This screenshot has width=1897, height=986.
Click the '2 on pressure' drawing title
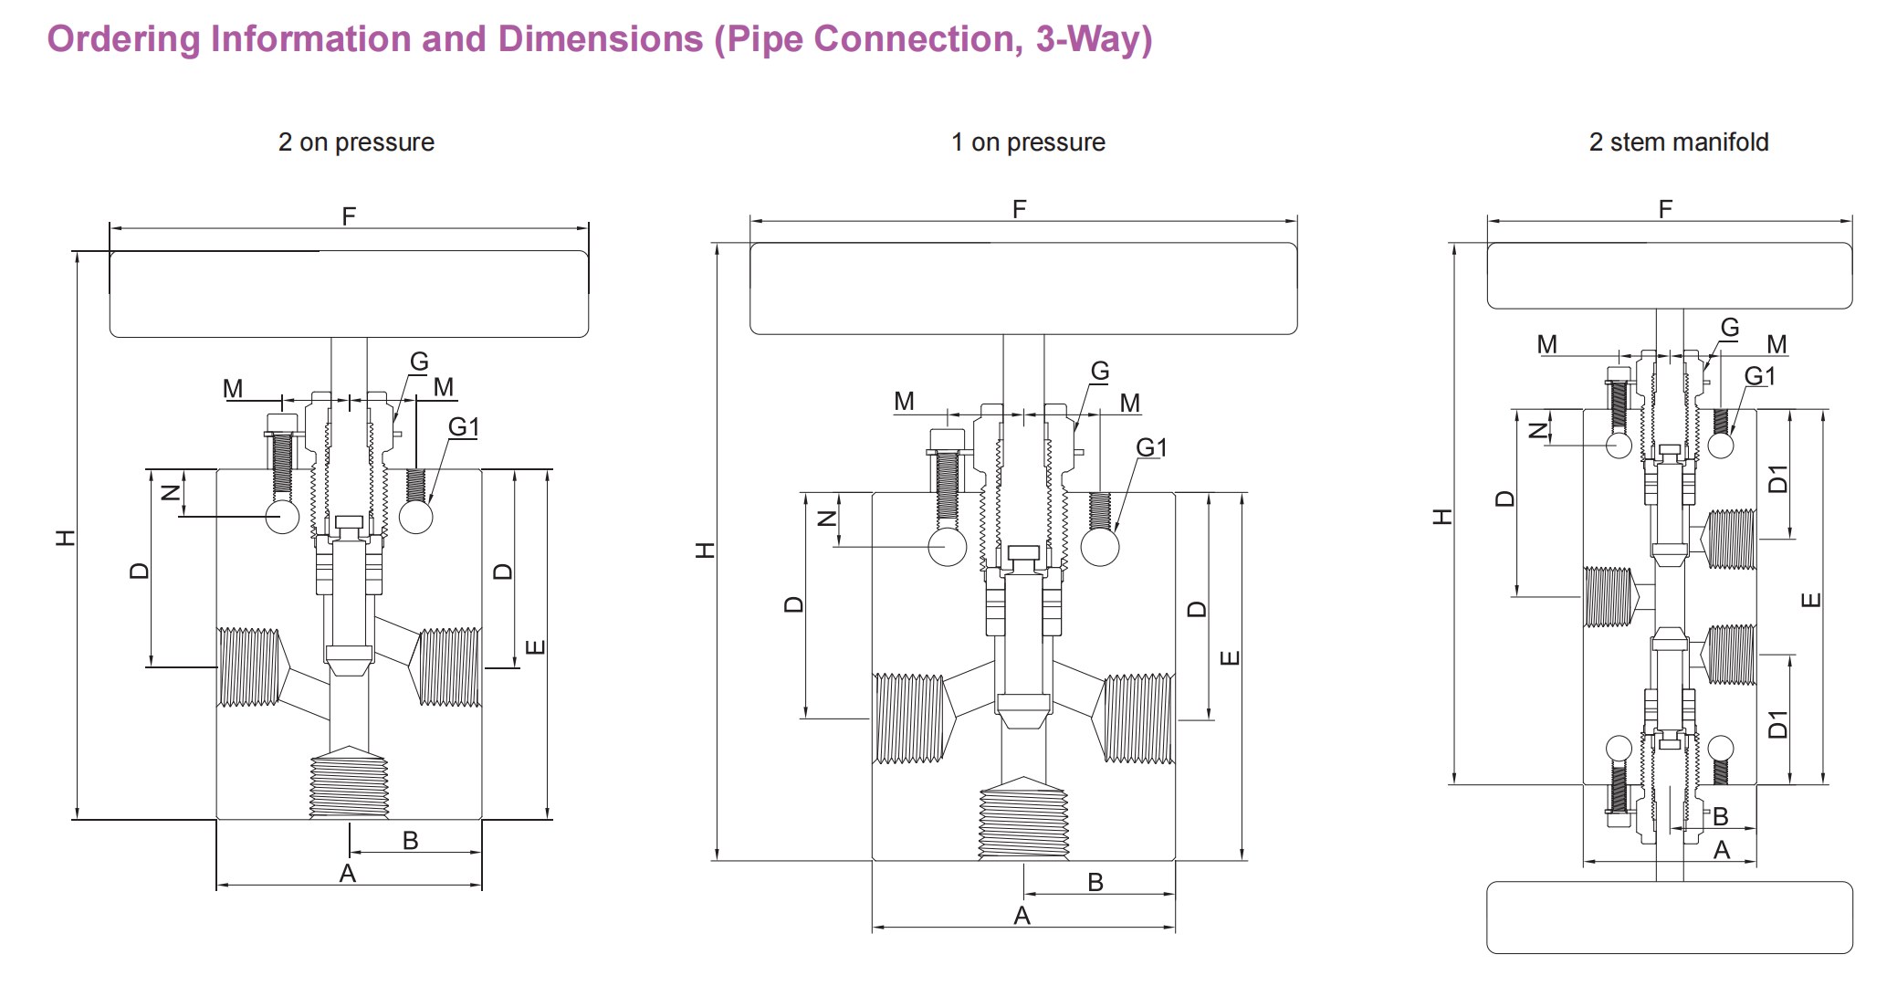pos(356,142)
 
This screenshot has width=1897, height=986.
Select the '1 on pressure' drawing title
pos(1028,142)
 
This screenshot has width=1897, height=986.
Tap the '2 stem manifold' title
pos(1678,142)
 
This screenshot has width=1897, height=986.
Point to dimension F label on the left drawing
pos(349,216)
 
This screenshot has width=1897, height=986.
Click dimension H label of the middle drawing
pos(706,551)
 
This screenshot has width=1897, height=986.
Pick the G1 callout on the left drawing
pos(464,427)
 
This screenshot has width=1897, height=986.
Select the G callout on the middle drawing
pos(1100,372)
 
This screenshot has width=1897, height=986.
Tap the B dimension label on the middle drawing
pos(1095,882)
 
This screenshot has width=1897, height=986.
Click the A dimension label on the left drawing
pos(347,874)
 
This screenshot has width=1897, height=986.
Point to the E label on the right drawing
pos(1811,600)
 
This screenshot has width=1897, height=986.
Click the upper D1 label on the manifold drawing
pos(1778,478)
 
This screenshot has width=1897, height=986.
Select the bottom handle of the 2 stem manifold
pos(1669,917)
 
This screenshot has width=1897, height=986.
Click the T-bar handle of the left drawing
pos(349,294)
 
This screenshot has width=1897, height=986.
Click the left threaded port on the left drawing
pos(248,667)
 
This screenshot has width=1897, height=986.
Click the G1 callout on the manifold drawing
pos(1759,376)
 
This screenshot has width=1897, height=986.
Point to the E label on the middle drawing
pos(1230,657)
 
